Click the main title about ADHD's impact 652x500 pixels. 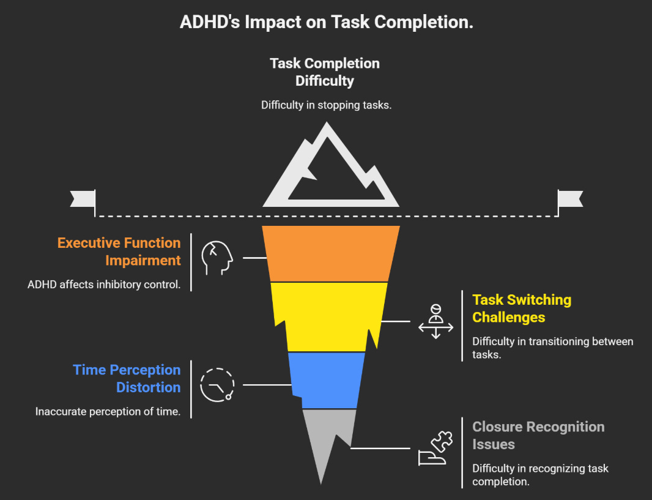tap(326, 22)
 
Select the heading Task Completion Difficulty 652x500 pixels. tap(325, 72)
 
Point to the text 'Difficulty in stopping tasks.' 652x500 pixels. tap(326, 105)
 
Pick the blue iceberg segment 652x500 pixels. tap(327, 379)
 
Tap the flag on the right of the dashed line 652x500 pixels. tap(570, 200)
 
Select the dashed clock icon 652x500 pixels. tap(217, 385)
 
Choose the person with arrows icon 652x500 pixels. tap(435, 321)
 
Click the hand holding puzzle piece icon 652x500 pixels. tap(435, 449)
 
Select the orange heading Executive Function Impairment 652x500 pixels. tap(119, 252)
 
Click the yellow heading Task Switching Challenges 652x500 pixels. tap(522, 308)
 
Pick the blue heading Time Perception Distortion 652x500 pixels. tap(127, 378)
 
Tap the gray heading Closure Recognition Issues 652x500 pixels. tap(538, 435)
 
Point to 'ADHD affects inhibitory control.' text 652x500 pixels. tap(104, 285)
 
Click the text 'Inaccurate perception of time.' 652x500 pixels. tap(108, 411)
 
